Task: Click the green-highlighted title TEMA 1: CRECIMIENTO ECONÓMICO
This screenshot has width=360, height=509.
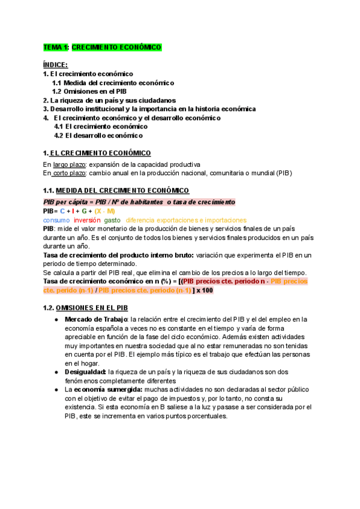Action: pos(102,47)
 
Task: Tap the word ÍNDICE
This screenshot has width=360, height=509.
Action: pos(55,64)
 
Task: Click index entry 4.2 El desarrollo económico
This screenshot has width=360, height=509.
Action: pos(98,136)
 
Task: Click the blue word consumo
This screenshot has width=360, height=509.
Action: pos(56,220)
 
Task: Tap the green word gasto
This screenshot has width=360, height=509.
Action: pos(113,220)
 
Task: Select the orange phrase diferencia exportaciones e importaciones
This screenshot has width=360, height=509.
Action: pos(186,220)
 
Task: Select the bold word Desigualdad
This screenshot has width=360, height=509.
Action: pos(85,372)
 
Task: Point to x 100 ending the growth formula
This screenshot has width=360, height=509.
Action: pos(205,291)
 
